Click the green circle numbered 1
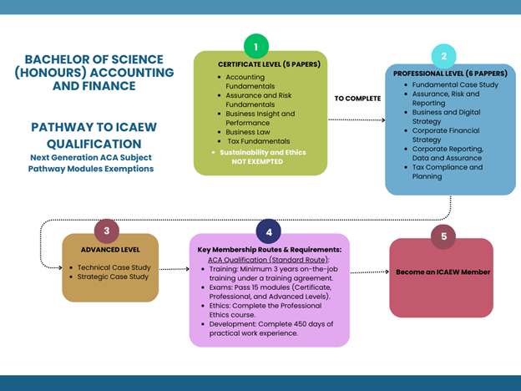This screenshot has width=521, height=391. coord(255,47)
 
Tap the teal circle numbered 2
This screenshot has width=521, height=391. coord(443,56)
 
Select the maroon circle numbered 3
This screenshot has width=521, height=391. coord(106,231)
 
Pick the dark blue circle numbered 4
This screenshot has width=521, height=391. coord(268,231)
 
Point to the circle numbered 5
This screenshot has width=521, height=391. coord(443,236)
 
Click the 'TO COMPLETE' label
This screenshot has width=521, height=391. coord(357,99)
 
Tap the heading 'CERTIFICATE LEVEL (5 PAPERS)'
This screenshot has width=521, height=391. coord(258,64)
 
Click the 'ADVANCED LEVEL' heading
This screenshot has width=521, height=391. coord(109,250)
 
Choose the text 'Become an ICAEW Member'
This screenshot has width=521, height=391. coord(443,272)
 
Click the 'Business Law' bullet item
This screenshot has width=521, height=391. coord(247,132)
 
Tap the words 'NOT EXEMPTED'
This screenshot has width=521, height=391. coord(257,162)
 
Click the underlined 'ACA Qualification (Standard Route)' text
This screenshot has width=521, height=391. coord(261,260)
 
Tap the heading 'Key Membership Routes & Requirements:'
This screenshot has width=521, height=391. coord(269,250)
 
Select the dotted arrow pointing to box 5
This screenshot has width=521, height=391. coord(369,272)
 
